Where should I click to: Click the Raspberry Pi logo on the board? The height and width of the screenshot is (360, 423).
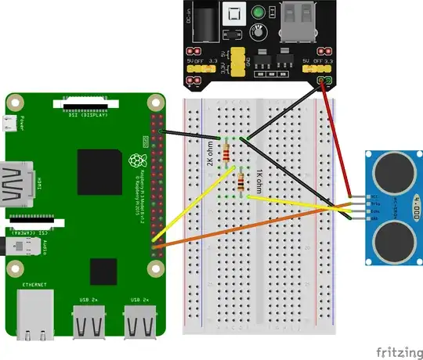(138, 163)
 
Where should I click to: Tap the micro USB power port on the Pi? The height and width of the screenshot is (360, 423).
(10, 123)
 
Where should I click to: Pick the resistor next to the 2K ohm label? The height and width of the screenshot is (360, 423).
(226, 152)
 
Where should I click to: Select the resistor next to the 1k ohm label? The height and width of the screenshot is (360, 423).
(240, 185)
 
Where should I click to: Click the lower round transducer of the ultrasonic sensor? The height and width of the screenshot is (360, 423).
(389, 242)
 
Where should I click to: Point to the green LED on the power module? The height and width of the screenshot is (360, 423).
(257, 14)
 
